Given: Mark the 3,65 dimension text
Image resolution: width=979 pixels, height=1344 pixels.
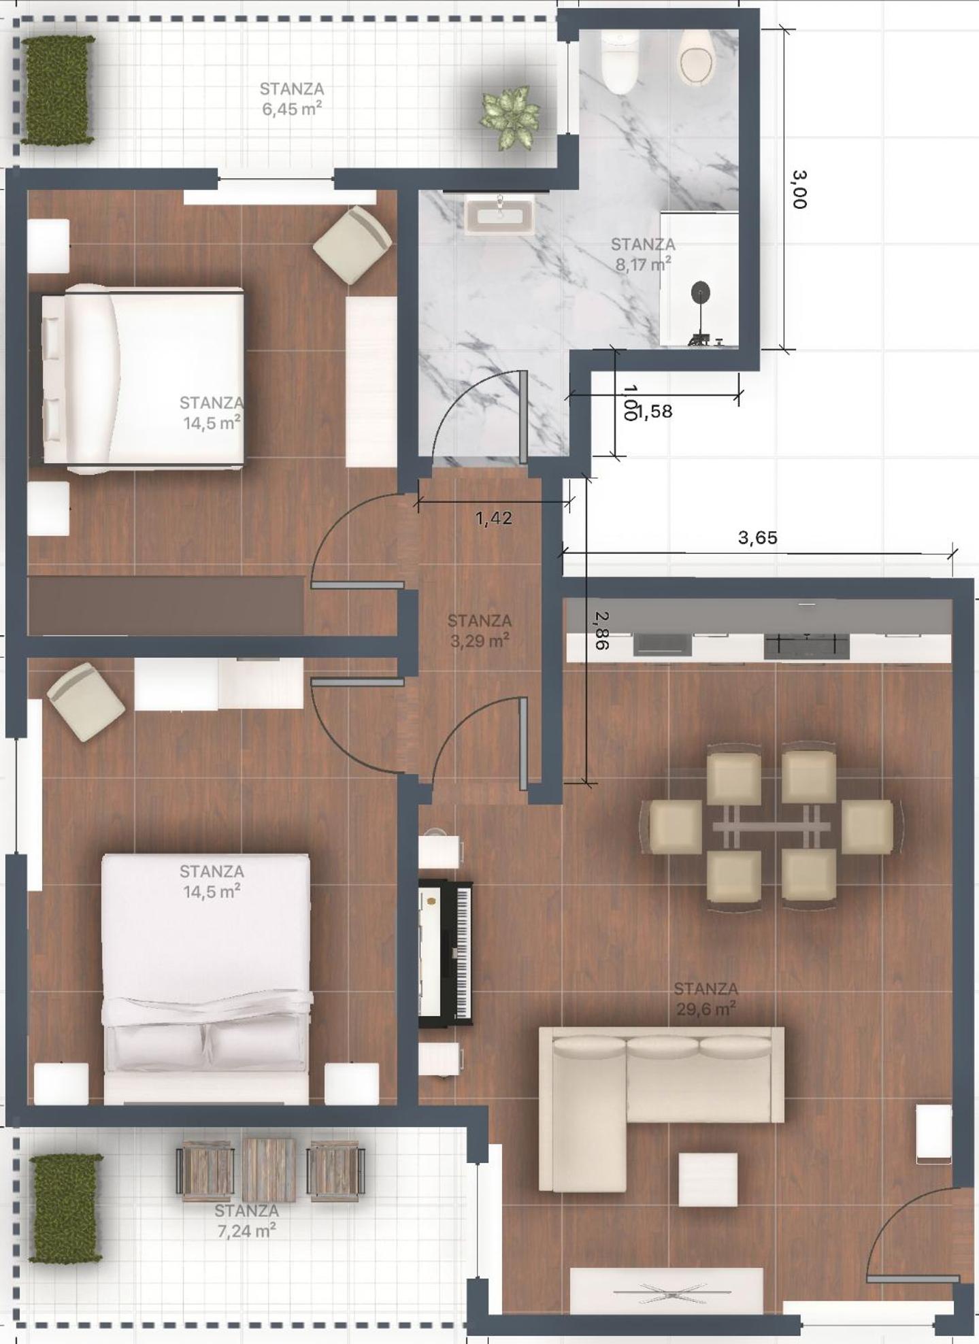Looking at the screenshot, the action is click(757, 538).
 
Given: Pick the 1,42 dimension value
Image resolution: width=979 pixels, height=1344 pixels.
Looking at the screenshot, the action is click(494, 518).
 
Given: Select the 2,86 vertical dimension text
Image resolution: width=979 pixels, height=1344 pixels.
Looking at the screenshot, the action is click(601, 630).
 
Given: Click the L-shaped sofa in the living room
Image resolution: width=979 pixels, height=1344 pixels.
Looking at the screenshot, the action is click(661, 1108).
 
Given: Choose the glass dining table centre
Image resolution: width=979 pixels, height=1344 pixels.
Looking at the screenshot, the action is click(771, 826).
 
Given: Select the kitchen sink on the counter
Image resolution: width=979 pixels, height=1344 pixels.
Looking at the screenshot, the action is click(663, 644).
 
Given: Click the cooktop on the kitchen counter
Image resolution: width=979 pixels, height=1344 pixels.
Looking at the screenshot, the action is click(806, 645).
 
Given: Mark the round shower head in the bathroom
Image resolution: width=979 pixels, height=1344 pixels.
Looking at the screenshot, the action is click(701, 293).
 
